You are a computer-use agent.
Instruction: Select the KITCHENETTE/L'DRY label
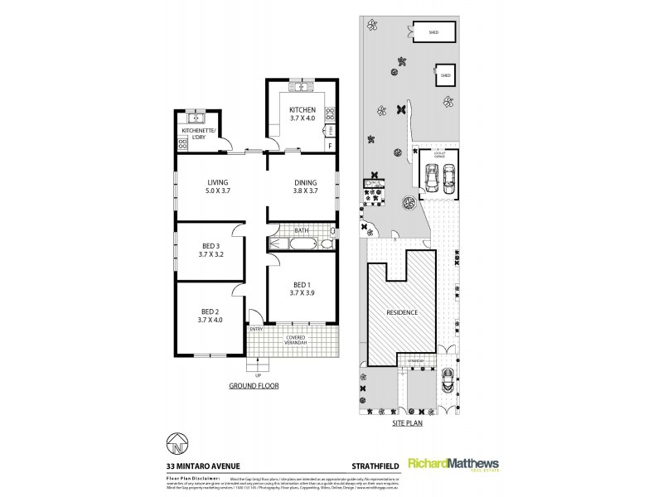coord(198,133)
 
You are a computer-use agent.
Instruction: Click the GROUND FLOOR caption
coord(254,386)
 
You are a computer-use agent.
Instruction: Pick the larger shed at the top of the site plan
coord(433,32)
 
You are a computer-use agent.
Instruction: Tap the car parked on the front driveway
coord(447,381)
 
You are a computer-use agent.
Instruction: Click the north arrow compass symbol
coord(177,446)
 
